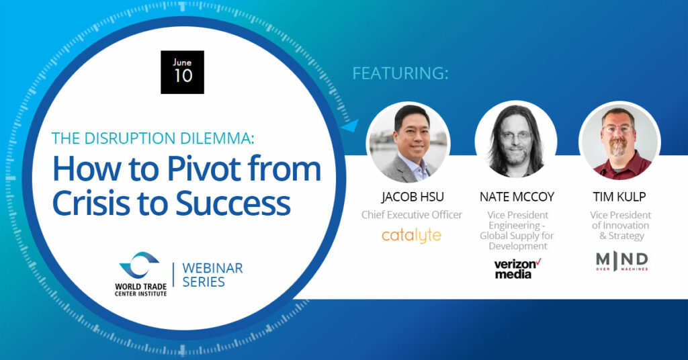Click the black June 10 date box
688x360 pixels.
(182, 73)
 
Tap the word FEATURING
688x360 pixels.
(398, 73)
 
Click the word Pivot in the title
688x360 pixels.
(204, 169)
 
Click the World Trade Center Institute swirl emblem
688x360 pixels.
(139, 265)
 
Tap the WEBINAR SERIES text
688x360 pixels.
(212, 275)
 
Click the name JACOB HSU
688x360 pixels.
(412, 197)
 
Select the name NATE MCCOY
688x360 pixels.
(517, 197)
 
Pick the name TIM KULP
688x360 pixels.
(619, 197)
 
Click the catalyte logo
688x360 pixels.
(411, 236)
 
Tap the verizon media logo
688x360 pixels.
(517, 269)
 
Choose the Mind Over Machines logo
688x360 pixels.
(621, 261)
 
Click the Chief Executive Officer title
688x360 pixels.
(412, 215)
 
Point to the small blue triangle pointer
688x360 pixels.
(350, 126)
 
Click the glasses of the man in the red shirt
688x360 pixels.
(618, 130)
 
